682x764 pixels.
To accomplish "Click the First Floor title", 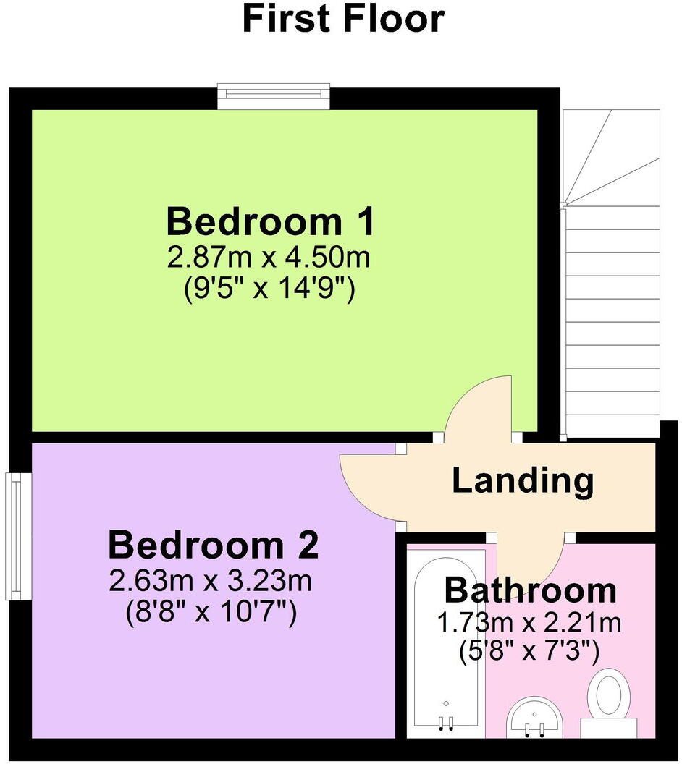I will coord(342,20).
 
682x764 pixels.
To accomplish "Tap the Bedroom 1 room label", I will coord(271,222).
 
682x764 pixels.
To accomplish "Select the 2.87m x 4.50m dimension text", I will coord(271,258).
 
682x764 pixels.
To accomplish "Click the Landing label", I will coord(523,480).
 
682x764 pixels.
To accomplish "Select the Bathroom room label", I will coord(530,590).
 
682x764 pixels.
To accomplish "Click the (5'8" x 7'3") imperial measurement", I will coord(530,652).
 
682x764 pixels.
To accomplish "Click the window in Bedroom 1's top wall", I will coord(274,96).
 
